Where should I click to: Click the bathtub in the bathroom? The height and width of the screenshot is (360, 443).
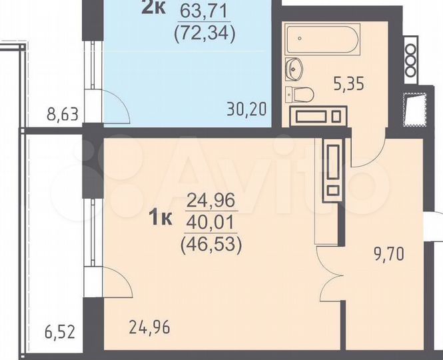322,39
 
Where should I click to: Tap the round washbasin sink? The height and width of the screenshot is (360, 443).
294,67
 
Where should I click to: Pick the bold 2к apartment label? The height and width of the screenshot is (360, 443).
155,8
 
